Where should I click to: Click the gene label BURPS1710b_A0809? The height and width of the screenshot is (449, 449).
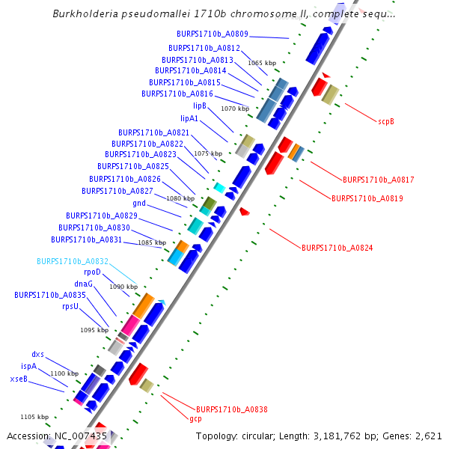point(213,34)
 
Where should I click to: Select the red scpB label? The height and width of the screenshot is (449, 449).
point(385,120)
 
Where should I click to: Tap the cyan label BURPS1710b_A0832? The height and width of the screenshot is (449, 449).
point(73,261)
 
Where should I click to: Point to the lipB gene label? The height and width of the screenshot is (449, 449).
point(200,106)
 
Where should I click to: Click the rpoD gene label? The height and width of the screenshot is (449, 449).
point(92,272)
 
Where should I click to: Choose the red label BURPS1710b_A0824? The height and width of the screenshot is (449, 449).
point(337,248)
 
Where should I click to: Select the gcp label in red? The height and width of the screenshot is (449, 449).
point(195,419)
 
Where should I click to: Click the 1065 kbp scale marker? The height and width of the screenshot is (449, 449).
point(262,64)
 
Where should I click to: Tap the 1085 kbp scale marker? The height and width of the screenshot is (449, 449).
point(151,242)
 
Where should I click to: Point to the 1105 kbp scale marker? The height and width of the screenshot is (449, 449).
point(34,417)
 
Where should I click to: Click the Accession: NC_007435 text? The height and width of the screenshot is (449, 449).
point(57,436)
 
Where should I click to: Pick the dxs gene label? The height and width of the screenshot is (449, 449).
point(38,354)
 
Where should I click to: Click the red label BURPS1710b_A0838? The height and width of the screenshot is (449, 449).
point(231,409)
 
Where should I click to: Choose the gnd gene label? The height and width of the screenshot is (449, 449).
point(139,203)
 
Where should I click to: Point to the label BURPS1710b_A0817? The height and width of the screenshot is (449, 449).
point(378,180)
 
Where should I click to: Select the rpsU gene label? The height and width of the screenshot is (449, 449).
point(70,306)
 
